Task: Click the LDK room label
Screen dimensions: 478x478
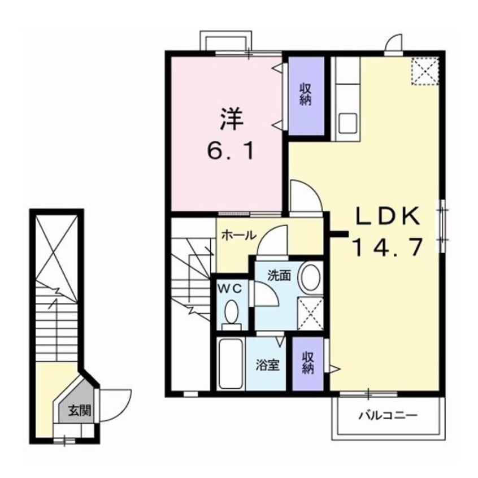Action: click(387, 216)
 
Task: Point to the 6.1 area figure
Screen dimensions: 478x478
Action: click(230, 151)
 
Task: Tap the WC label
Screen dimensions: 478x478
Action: click(231, 289)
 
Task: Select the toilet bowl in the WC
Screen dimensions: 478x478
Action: click(231, 311)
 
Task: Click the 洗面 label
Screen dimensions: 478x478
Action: click(279, 276)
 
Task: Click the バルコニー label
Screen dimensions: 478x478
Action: click(388, 416)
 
